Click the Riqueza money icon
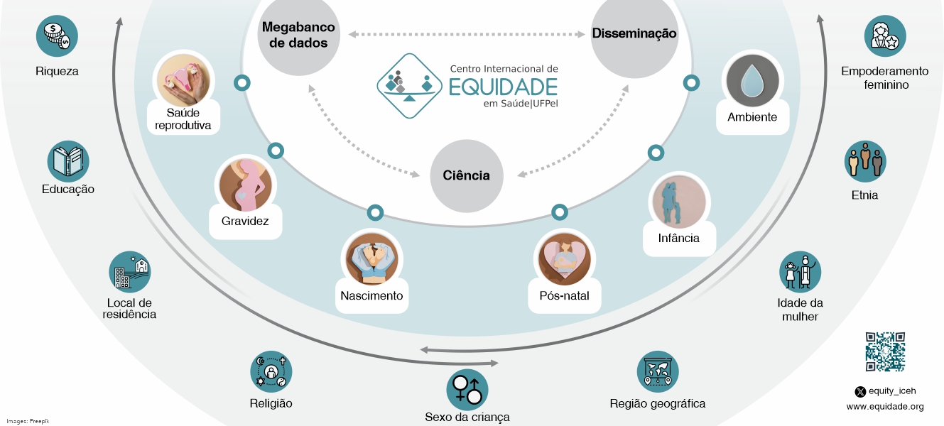click(x=57, y=35)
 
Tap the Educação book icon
click(x=68, y=161)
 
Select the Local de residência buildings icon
click(x=129, y=272)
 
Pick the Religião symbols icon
click(x=271, y=372)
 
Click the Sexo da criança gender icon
click(x=467, y=389)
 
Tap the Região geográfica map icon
click(x=657, y=372)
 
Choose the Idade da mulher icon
click(x=800, y=272)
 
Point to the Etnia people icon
click(x=865, y=161)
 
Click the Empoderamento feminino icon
click(x=884, y=35)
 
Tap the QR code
click(x=885, y=351)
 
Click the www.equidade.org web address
click(x=885, y=407)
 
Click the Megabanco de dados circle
click(x=299, y=35)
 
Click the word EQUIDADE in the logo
click(x=503, y=87)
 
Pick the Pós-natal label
click(x=565, y=295)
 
